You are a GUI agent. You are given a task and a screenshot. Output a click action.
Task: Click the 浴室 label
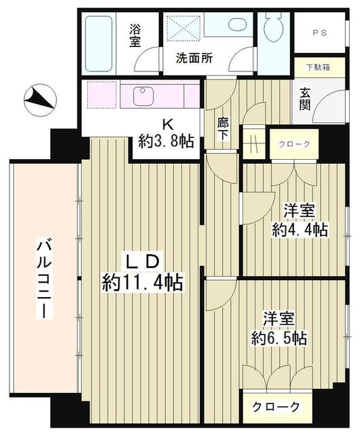[137, 35]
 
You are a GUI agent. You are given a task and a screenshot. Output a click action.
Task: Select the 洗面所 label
[194, 58]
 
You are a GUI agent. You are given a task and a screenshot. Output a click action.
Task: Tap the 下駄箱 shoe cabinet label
[318, 67]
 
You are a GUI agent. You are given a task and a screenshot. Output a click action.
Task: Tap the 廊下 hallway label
[222, 129]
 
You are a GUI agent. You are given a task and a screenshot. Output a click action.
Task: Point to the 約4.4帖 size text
[300, 229]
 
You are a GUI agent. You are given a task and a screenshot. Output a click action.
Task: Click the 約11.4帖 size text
[143, 282]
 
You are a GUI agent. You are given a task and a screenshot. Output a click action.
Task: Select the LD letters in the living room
[143, 260]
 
